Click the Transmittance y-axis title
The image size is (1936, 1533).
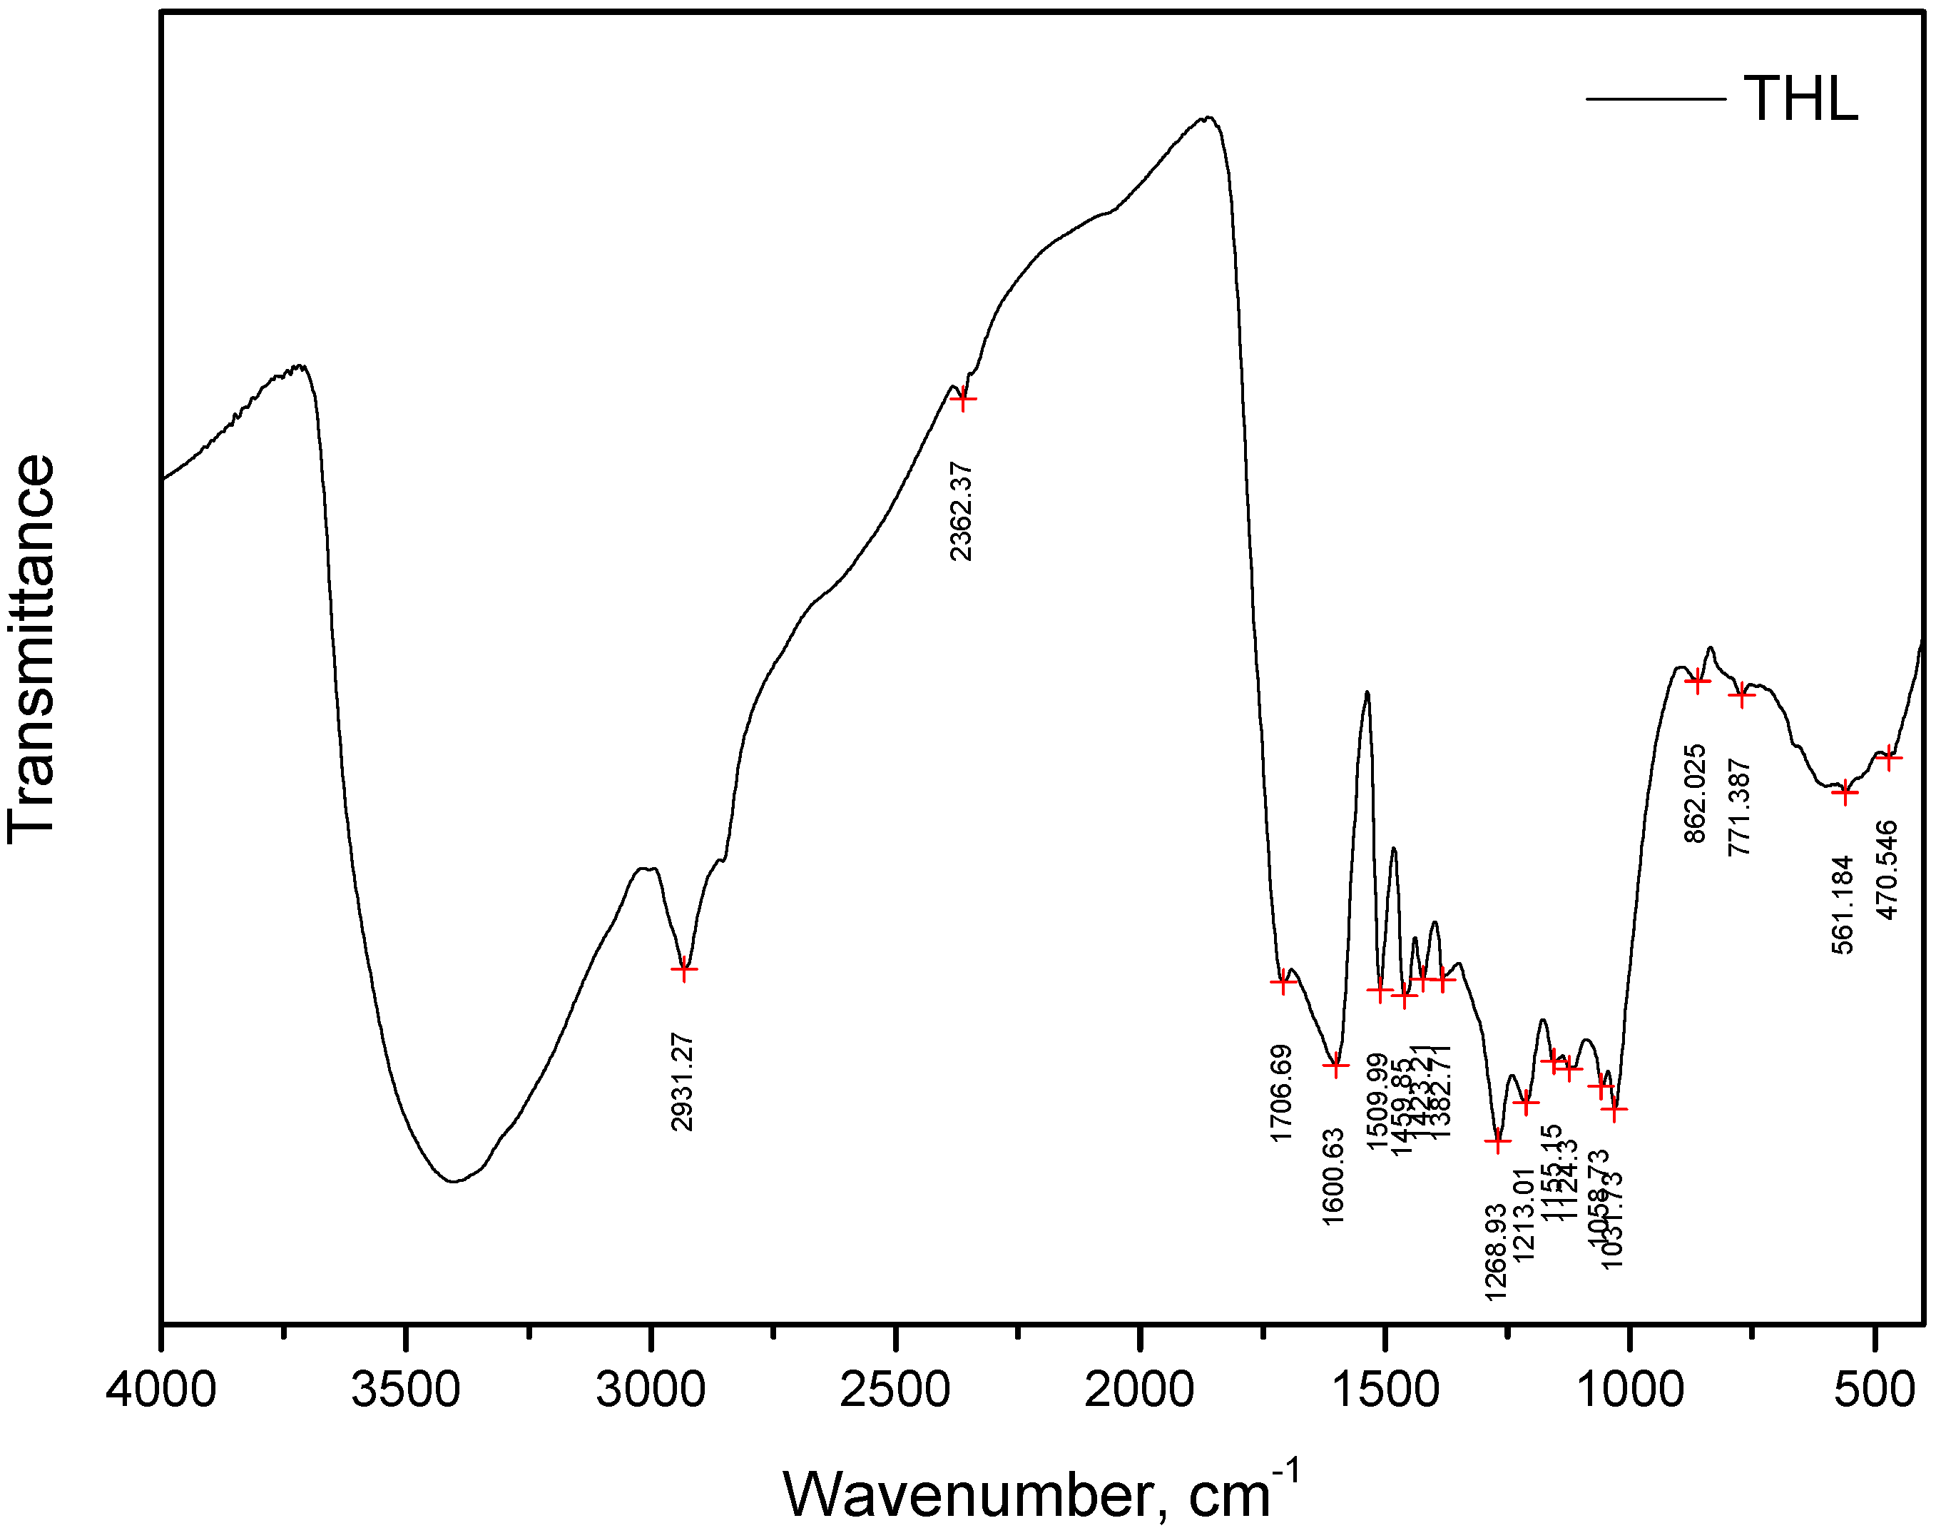coord(32,649)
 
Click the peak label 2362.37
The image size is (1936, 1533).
coord(961,512)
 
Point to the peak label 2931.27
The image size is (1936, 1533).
coord(683,1081)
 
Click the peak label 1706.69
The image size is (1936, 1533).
coord(1281,1093)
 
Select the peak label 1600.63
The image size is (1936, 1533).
coord(1334,1175)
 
